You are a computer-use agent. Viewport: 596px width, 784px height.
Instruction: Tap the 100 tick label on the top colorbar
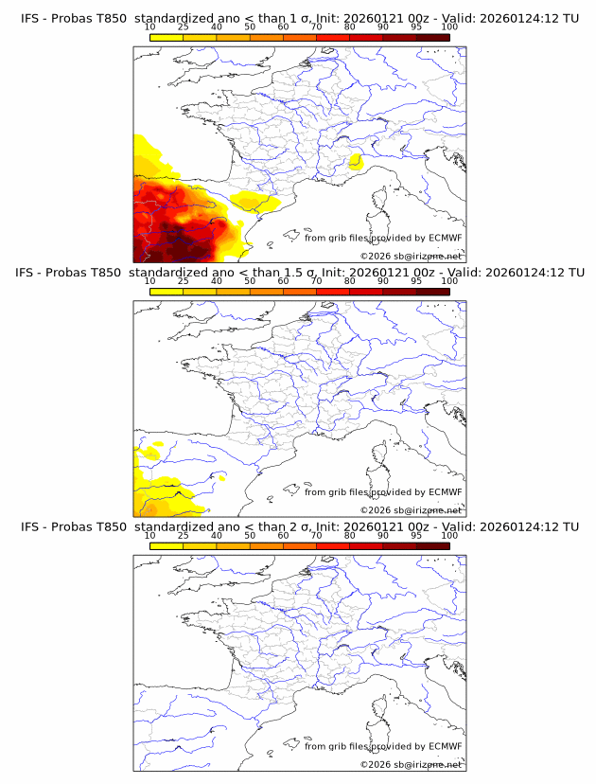click(x=449, y=27)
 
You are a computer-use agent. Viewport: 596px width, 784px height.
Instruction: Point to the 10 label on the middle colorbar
click(x=150, y=281)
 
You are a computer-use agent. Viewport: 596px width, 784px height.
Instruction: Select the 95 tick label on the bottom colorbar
click(x=416, y=535)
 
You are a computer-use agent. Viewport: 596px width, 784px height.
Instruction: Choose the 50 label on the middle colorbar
click(x=250, y=281)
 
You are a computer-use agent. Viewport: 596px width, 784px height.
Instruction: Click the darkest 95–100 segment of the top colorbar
click(x=432, y=37)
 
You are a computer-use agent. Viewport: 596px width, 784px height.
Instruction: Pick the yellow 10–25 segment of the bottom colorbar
click(x=167, y=545)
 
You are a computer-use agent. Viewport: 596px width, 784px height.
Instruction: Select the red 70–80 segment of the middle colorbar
click(x=333, y=292)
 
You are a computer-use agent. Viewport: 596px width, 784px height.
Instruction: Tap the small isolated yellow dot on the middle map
click(x=223, y=479)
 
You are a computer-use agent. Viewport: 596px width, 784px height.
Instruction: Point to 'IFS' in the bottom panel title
click(x=31, y=526)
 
